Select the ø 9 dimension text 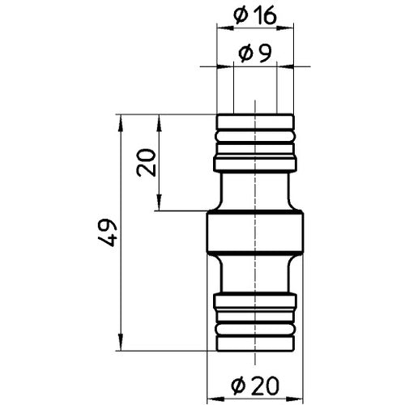click(x=255, y=54)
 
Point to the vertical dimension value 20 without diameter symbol click(x=147, y=164)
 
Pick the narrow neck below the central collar click(x=255, y=275)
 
